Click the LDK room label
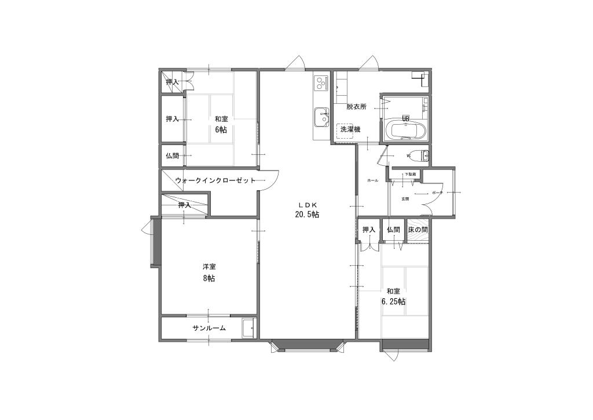tap(307, 205)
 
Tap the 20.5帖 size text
tap(307, 215)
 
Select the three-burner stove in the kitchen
tap(321, 84)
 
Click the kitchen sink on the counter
tap(320, 117)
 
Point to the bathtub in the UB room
tap(406, 130)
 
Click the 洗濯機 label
tap(349, 129)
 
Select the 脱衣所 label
tap(357, 107)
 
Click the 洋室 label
tap(209, 267)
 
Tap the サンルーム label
tap(209, 328)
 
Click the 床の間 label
tap(418, 230)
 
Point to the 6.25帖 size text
tap(393, 302)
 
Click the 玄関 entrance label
tap(405, 199)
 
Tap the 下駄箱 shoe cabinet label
tap(410, 174)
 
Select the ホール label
tap(372, 181)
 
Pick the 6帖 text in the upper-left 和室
tap(221, 129)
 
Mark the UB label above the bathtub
tap(406, 118)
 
